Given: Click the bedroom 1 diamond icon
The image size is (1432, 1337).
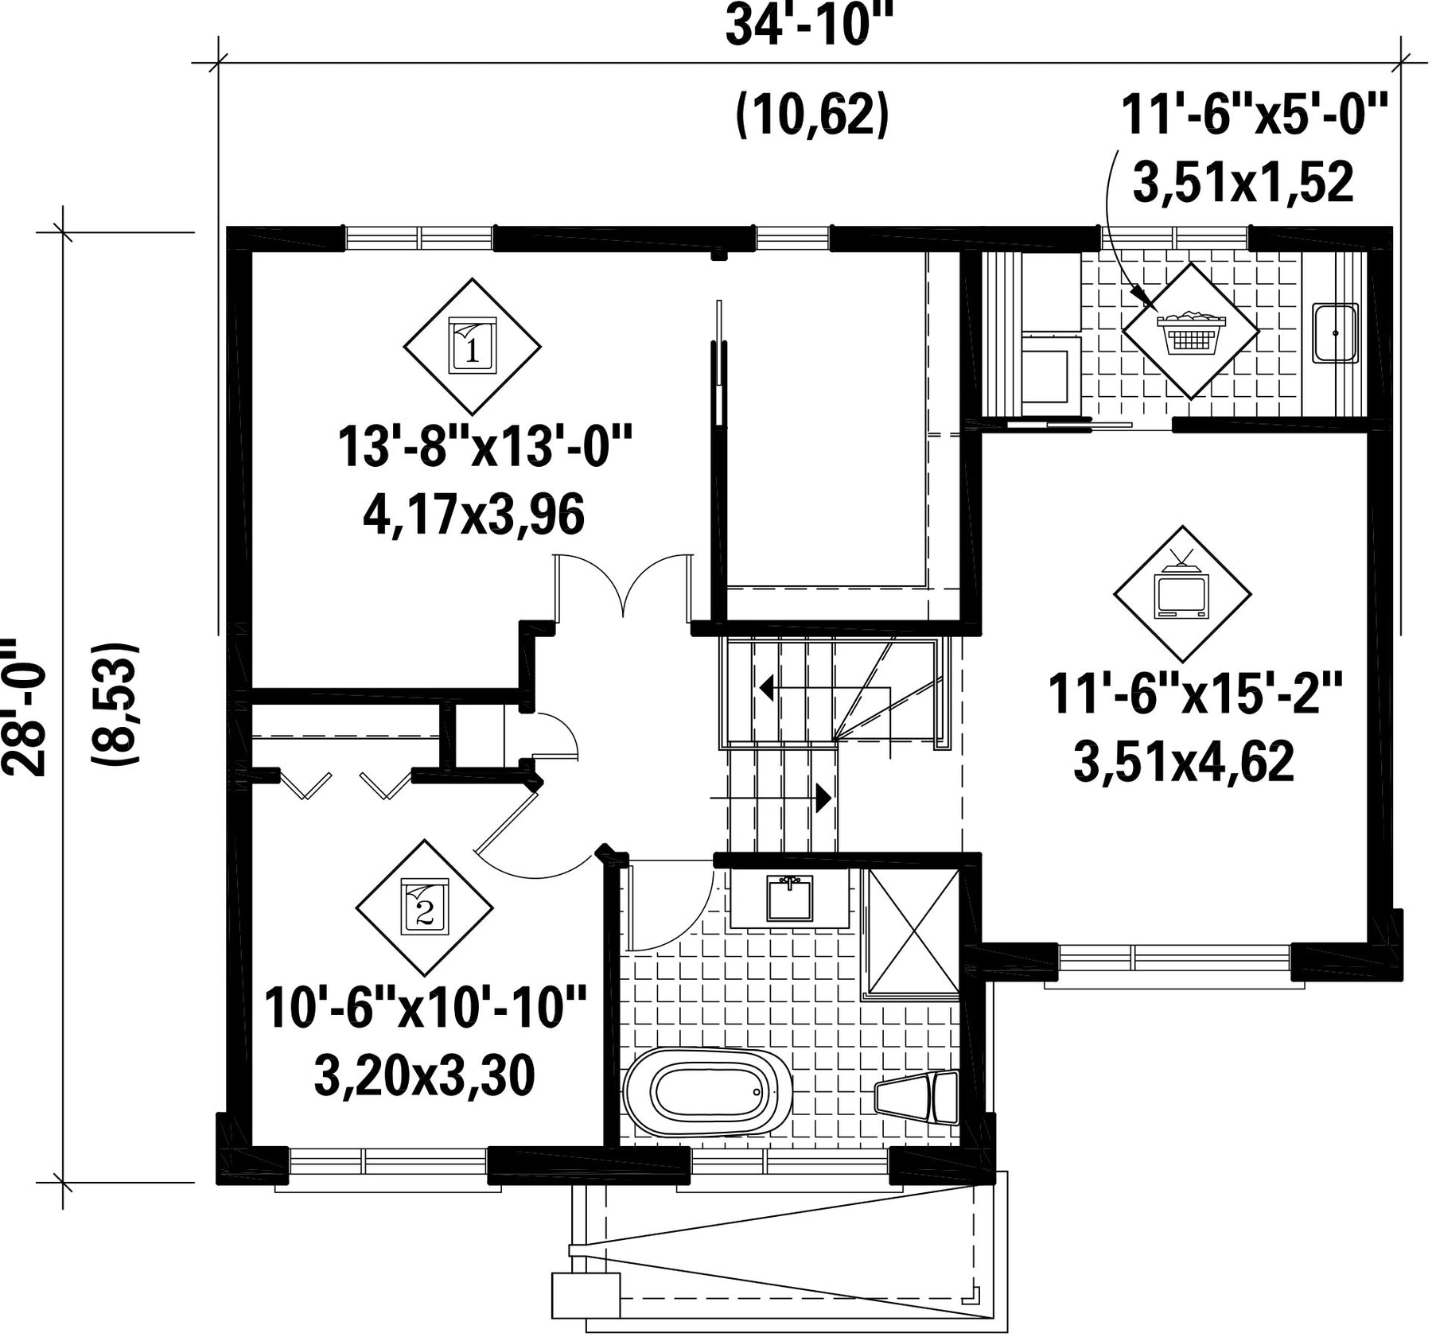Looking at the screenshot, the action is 473,347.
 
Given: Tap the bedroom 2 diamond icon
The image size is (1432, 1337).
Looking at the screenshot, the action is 424,908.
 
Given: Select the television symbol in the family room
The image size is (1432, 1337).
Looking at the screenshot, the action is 1182,594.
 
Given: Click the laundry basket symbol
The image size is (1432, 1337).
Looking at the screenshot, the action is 1191,331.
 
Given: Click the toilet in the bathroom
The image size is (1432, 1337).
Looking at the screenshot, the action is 917,1098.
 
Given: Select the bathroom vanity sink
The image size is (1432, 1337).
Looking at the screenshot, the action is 790,898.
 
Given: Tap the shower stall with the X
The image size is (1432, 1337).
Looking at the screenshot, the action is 914,931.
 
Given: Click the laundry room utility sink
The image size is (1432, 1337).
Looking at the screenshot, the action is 1336,333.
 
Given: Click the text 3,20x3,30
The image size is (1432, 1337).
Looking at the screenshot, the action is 424,1076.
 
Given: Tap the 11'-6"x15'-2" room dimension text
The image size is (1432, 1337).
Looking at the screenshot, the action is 1195,694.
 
